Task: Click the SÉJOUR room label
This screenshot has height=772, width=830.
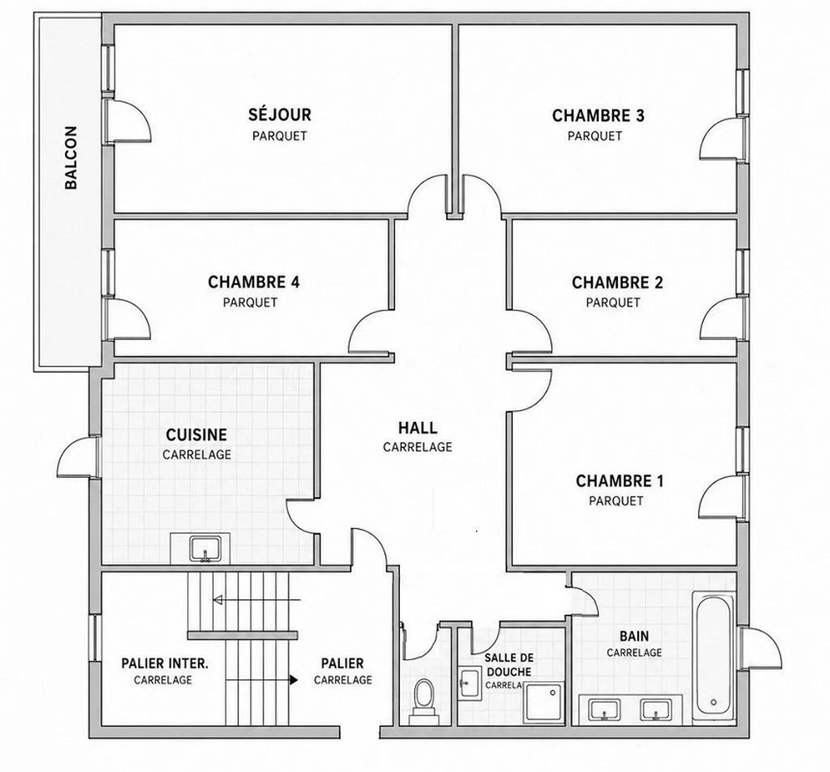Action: (280, 115)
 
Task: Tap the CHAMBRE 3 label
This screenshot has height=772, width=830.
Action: (598, 116)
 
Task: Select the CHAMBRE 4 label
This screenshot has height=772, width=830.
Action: (254, 282)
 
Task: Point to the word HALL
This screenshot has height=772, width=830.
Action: (417, 428)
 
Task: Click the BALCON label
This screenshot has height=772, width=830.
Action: (71, 157)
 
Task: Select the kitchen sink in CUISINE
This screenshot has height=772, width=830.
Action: (205, 550)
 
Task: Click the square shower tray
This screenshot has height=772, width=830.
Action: (543, 703)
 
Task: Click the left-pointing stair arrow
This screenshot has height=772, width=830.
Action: (256, 600)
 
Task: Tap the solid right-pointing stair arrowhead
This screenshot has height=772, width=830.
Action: (294, 680)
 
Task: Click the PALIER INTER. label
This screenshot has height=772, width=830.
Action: (165, 663)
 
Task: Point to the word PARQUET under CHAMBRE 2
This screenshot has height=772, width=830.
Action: (613, 302)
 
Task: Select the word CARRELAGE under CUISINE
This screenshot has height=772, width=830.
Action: (197, 455)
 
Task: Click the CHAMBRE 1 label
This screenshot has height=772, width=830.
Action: (620, 481)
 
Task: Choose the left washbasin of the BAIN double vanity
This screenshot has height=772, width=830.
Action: (604, 710)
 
